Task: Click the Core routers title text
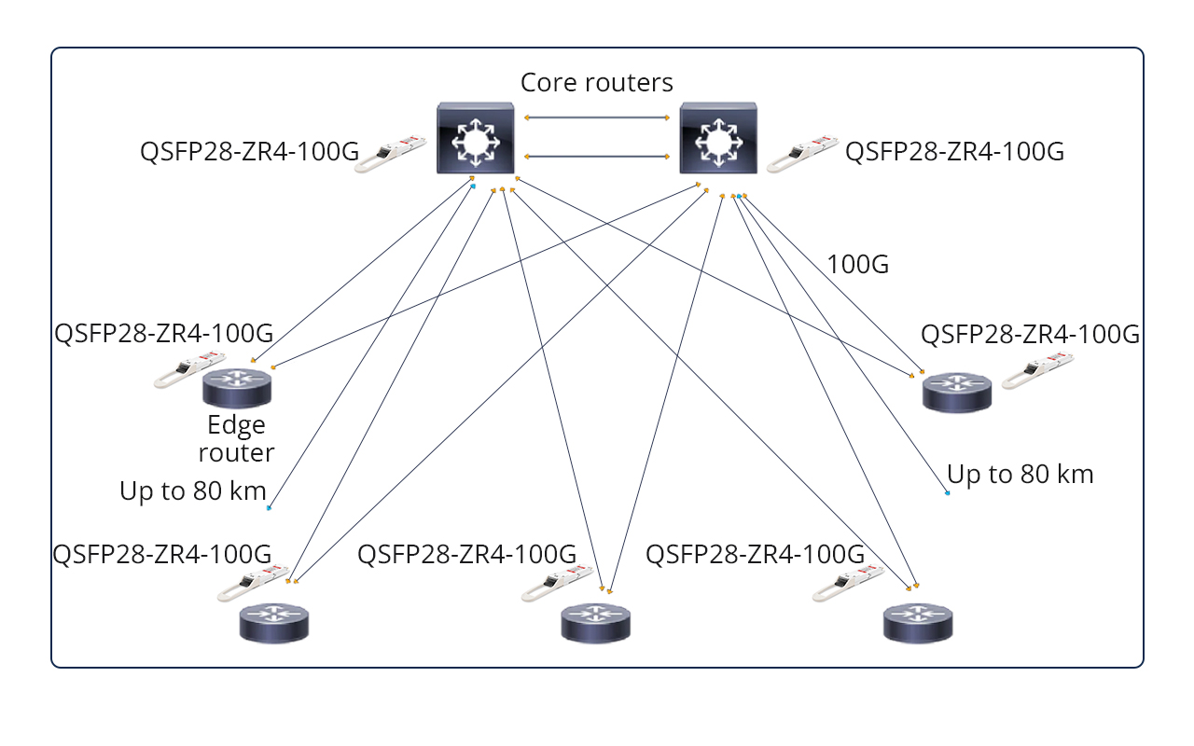click(596, 82)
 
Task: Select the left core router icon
click(476, 140)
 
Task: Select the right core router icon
click(718, 140)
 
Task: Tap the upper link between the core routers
click(597, 117)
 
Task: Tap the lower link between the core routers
click(597, 156)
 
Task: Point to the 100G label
click(857, 265)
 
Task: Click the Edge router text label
click(237, 439)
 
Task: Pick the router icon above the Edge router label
click(237, 386)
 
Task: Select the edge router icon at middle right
click(956, 391)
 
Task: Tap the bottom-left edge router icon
click(273, 622)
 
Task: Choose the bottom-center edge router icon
click(595, 622)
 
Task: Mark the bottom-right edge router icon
click(918, 622)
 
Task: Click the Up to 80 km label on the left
click(193, 490)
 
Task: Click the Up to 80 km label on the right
click(1020, 474)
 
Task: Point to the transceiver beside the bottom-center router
click(558, 584)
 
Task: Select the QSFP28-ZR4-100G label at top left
click(249, 152)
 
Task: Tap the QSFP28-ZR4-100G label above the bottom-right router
click(755, 554)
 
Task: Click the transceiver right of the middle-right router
click(1036, 370)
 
